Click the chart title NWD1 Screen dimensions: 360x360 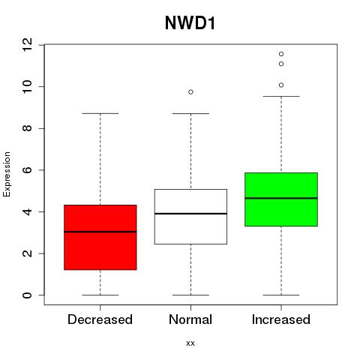[190, 23]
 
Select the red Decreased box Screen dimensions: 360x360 [100, 237]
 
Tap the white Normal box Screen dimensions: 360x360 [190, 217]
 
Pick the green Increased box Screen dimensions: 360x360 [281, 199]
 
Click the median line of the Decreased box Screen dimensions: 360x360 [100, 232]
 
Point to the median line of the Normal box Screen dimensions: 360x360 [190, 214]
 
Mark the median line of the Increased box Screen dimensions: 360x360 [281, 198]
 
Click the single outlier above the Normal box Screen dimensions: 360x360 [190, 92]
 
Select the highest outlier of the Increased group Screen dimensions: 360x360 [281, 54]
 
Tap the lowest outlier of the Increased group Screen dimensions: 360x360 [281, 85]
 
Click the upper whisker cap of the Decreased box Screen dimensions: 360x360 [100, 113]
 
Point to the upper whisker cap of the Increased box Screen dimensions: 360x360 [281, 96]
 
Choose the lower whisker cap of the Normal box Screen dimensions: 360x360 [190, 295]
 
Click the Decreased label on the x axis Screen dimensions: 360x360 [100, 319]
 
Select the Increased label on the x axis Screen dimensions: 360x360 [281, 319]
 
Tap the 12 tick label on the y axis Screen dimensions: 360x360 [27, 45]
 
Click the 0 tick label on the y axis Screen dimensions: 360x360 [27, 295]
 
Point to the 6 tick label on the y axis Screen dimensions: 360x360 [27, 170]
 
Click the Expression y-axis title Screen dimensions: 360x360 [7, 174]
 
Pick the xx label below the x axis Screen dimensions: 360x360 [190, 343]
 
